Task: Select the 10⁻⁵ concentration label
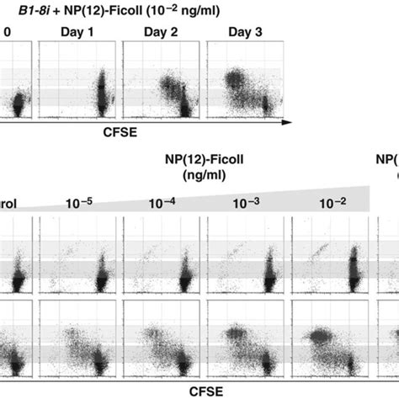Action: (76, 202)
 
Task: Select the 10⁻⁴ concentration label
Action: (157, 202)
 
